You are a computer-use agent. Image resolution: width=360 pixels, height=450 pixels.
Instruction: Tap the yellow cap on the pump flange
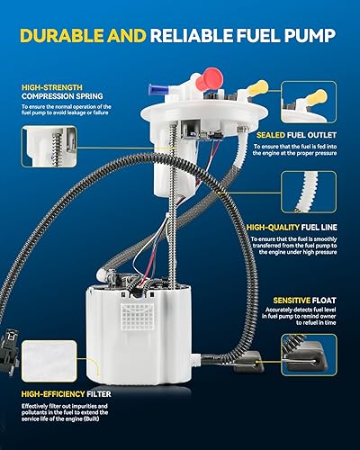pos(258,88)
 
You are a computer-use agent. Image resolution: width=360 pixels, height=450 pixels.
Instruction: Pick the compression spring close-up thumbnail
pos(48,148)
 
